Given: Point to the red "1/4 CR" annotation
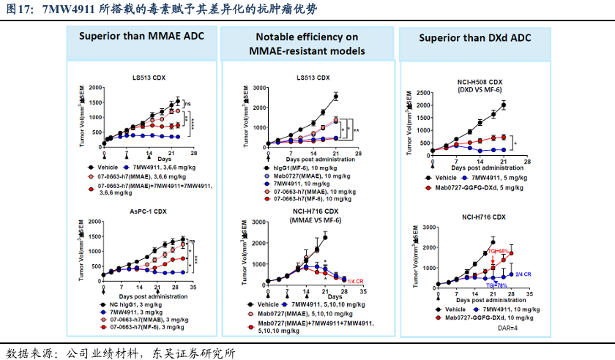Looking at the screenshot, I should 355,281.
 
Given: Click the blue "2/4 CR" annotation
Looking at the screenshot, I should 523,274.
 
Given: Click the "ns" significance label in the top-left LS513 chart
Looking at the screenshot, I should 187,103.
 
